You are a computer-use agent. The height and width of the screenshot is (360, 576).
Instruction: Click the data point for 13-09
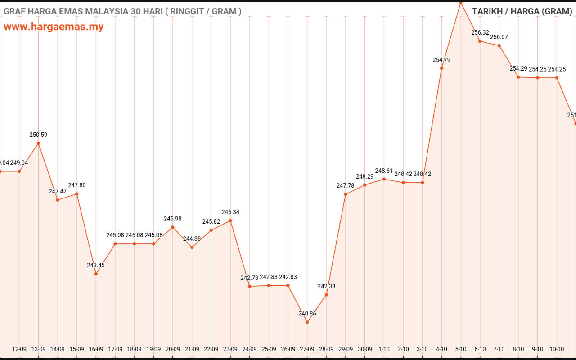pyautogui.click(x=38, y=144)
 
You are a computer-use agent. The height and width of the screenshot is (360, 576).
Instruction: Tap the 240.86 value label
pyautogui.click(x=307, y=314)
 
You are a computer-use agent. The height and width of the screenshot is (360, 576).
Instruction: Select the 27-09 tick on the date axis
pyautogui.click(x=307, y=349)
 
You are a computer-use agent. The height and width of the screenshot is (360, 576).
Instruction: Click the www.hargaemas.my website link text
pyautogui.click(x=54, y=27)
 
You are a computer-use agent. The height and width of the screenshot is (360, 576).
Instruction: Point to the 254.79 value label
pyautogui.click(x=441, y=60)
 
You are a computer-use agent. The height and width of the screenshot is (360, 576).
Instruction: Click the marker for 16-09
pyautogui.click(x=96, y=274)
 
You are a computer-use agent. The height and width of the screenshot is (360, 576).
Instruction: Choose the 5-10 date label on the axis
pyautogui.click(x=461, y=349)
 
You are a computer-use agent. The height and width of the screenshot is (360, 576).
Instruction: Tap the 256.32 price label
pyautogui.click(x=480, y=33)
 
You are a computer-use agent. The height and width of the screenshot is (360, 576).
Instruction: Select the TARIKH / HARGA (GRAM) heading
pyautogui.click(x=522, y=11)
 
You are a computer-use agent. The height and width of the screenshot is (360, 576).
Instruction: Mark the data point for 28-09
pyautogui.click(x=326, y=295)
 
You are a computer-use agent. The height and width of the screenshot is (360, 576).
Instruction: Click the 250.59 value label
pyautogui.click(x=38, y=135)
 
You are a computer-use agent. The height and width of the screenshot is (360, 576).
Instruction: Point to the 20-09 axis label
pyautogui.click(x=173, y=349)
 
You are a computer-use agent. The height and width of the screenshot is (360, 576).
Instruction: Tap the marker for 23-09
pyautogui.click(x=230, y=220)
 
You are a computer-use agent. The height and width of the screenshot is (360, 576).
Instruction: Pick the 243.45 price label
pyautogui.click(x=96, y=265)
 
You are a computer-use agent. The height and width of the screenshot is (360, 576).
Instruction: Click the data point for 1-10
pyautogui.click(x=384, y=179)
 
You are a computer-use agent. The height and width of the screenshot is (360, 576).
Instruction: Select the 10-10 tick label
pyautogui.click(x=557, y=349)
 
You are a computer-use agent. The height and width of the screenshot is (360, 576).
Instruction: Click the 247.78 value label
pyautogui.click(x=346, y=185)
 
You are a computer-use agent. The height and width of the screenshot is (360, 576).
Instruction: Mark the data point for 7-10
pyautogui.click(x=499, y=45)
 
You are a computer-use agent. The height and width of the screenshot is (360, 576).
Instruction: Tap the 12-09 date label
pyautogui.click(x=19, y=349)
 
